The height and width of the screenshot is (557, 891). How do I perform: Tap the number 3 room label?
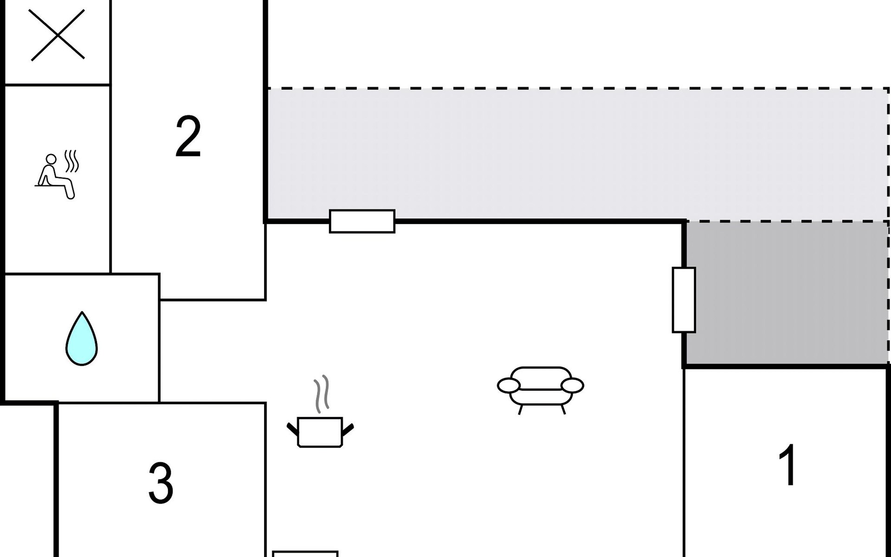coord(161,483)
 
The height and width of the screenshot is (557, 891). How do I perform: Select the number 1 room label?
coord(788,465)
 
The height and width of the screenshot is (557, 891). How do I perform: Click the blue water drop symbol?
coord(82,338)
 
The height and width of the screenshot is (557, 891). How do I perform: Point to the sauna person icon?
coord(57,175)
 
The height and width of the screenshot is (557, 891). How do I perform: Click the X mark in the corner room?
coord(58,35)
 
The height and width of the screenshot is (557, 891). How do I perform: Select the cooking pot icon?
coord(320,432)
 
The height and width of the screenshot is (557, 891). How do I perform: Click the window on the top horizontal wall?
coord(362,221)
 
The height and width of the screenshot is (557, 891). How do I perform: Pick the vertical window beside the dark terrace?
coord(684,300)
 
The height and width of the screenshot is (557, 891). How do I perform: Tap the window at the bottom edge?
coord(305,554)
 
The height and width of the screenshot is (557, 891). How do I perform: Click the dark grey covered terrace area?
coord(787,293)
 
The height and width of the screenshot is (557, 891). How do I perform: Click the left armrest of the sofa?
coord(509,385)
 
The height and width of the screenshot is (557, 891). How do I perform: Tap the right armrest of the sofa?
coord(573,385)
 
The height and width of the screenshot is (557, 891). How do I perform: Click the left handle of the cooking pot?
coord(293,429)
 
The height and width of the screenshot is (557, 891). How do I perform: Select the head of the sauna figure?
coord(51,160)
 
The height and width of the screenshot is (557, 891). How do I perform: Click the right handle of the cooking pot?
coord(348,429)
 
